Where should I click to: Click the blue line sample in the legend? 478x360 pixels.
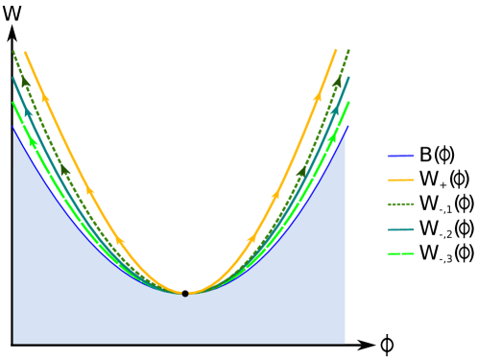[400, 156]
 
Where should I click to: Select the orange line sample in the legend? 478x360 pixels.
[400, 180]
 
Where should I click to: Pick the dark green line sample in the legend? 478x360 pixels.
[400, 204]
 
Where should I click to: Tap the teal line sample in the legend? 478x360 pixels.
[400, 229]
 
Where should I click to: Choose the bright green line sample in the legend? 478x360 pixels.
[400, 253]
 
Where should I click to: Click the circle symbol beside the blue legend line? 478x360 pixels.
[444, 155]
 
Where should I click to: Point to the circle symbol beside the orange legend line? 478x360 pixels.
[459, 179]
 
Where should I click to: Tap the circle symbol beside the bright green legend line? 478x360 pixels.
[465, 252]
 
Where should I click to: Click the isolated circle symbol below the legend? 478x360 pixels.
[387, 345]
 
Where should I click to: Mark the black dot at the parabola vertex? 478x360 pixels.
[185, 293]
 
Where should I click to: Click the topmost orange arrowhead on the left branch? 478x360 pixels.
[45, 97]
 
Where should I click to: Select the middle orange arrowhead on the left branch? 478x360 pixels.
[90, 190]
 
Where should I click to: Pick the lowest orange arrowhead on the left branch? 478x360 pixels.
[120, 240]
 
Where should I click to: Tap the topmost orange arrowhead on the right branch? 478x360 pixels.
[318, 96]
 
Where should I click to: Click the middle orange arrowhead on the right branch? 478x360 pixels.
[275, 195]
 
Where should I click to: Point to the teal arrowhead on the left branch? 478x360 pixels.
[28, 112]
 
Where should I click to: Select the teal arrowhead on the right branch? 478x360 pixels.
[335, 109]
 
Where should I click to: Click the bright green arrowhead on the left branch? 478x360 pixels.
[34, 142]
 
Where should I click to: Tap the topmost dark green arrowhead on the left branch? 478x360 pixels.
[26, 84]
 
